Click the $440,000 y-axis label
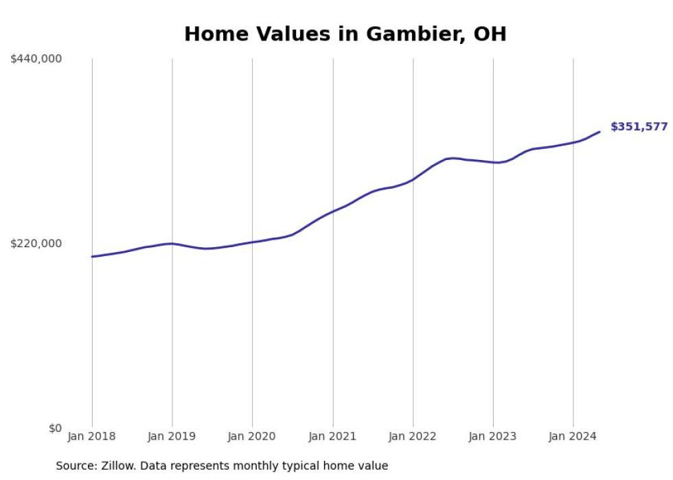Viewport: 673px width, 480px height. [x=36, y=59]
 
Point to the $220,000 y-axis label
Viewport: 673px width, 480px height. [x=36, y=243]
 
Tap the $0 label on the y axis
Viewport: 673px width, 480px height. [x=55, y=428]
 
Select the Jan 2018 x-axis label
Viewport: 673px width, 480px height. [x=92, y=437]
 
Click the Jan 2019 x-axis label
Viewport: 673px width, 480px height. [x=172, y=437]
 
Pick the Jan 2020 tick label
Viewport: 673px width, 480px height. [x=252, y=437]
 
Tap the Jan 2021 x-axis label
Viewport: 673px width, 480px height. [x=332, y=437]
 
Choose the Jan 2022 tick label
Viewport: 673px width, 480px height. [x=413, y=437]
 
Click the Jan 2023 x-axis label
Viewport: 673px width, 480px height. [x=493, y=437]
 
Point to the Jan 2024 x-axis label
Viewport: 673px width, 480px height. [x=573, y=437]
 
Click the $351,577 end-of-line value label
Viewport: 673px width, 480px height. [x=639, y=127]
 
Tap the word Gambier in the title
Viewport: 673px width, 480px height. [x=409, y=34]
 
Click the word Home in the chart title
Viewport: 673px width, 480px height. [x=214, y=34]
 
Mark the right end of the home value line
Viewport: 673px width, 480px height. [x=600, y=132]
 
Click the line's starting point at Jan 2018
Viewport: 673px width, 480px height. [x=92, y=257]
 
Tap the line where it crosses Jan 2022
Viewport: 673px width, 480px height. [x=413, y=180]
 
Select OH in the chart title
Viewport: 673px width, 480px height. [x=490, y=34]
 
